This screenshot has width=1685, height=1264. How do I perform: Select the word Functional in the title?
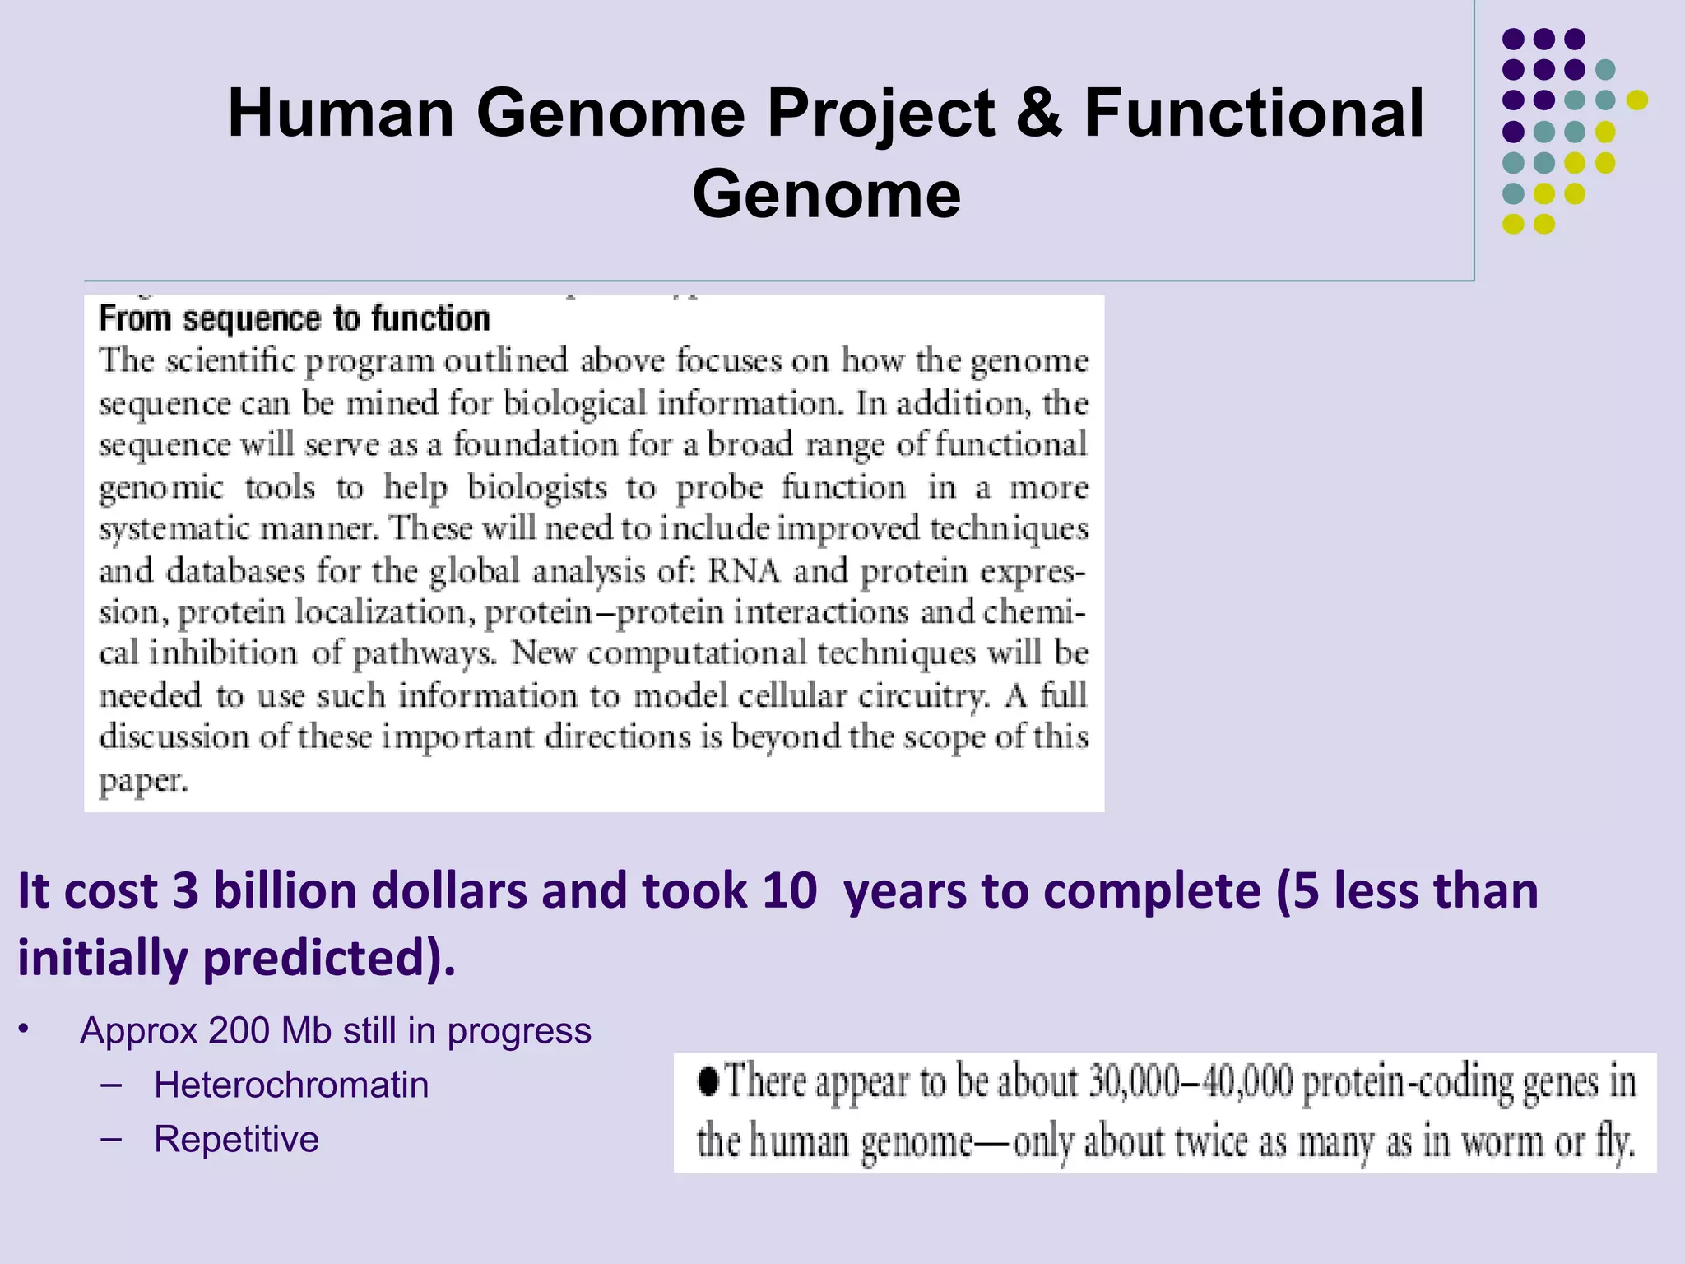(1254, 114)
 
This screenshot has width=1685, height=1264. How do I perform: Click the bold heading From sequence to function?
(295, 319)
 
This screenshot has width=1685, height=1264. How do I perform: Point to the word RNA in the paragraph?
(743, 570)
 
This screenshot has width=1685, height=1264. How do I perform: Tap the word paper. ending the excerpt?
(143, 780)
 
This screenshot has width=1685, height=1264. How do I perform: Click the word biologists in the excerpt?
(537, 487)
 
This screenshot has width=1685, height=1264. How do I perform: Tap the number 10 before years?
(789, 890)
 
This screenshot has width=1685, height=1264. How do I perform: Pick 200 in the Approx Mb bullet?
(239, 1031)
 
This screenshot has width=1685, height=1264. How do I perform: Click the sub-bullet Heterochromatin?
(291, 1085)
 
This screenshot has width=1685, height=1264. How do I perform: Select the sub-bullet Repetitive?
(236, 1140)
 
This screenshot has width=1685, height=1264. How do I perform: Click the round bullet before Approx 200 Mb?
(25, 1029)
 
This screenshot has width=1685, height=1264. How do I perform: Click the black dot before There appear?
(708, 1080)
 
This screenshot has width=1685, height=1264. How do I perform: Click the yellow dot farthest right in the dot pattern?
(1636, 100)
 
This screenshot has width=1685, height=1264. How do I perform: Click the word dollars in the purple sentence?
(449, 890)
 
